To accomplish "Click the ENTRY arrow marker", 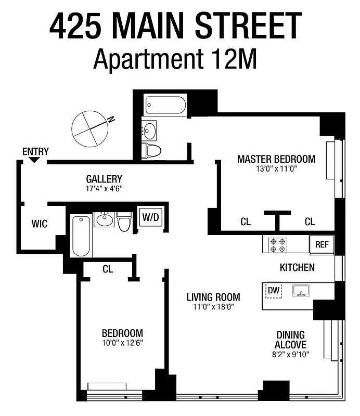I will pos(34,160).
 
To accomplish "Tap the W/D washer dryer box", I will pos(150,217).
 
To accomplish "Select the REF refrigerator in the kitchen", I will pos(322,244).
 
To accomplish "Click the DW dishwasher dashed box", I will pos(274,291).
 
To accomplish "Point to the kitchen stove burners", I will pos(276,244).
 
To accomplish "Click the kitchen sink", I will pos(301,290).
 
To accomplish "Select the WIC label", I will pos(40,224).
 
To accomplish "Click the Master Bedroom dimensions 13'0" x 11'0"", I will pos(276,169).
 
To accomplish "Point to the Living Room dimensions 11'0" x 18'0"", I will pos(213,307).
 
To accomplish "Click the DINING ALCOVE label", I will pos(291,340).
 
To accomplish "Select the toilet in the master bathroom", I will pos(152,150).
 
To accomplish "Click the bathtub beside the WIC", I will pos(81,236).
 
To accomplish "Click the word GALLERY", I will pos(104,179).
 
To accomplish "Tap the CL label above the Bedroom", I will pos(108,269).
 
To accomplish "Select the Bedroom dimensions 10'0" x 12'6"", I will pos(122,343).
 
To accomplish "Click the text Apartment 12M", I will pos(175,60).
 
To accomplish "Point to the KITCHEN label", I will pos(297,267).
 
